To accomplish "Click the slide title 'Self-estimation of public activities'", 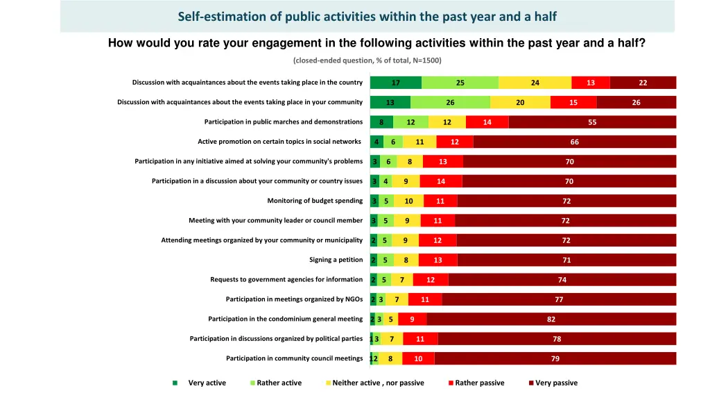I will tap(367, 16).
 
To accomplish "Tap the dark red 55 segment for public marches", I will tap(592, 122).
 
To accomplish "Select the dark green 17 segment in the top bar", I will tap(395, 83).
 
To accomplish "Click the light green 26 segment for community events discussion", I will tap(450, 103).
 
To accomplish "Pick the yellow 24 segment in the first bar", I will tap(535, 83).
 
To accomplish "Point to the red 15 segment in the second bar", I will tap(573, 103).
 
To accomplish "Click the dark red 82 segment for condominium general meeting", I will tap(551, 319).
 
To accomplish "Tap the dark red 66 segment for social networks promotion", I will tap(574, 142).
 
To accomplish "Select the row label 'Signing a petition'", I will tap(336, 260).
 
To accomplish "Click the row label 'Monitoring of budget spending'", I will tap(315, 201).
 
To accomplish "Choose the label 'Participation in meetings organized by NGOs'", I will tap(294, 299).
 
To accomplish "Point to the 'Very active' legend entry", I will tap(207, 383).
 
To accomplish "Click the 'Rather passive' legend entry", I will tap(479, 383).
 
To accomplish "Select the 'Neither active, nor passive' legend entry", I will tap(378, 383).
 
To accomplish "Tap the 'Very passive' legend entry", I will tap(555, 383).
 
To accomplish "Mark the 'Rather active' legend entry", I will tap(279, 383).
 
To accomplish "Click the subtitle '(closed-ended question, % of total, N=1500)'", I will tap(367, 60).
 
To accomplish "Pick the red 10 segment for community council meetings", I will tap(418, 359).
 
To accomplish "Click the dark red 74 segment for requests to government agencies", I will tap(562, 280).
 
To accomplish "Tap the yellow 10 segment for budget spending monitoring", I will tap(408, 201).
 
